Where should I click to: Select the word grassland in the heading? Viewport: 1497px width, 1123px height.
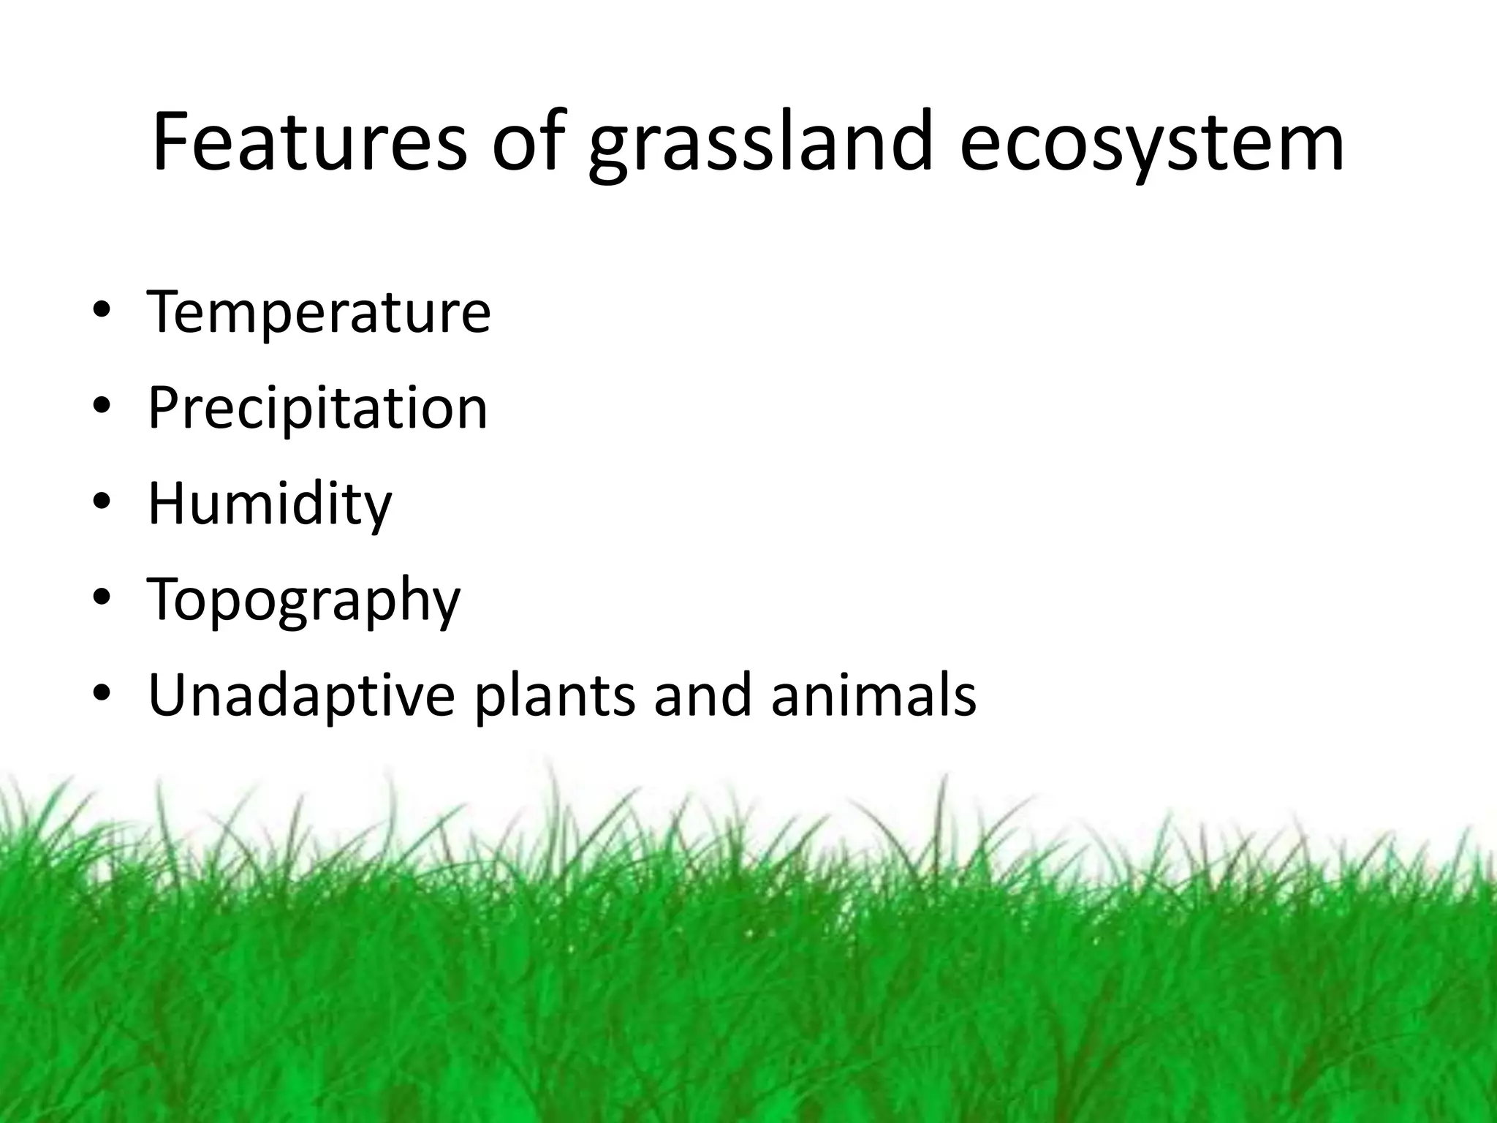761,146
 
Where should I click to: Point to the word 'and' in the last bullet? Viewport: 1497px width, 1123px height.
702,696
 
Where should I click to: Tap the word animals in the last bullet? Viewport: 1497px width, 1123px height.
873,696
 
